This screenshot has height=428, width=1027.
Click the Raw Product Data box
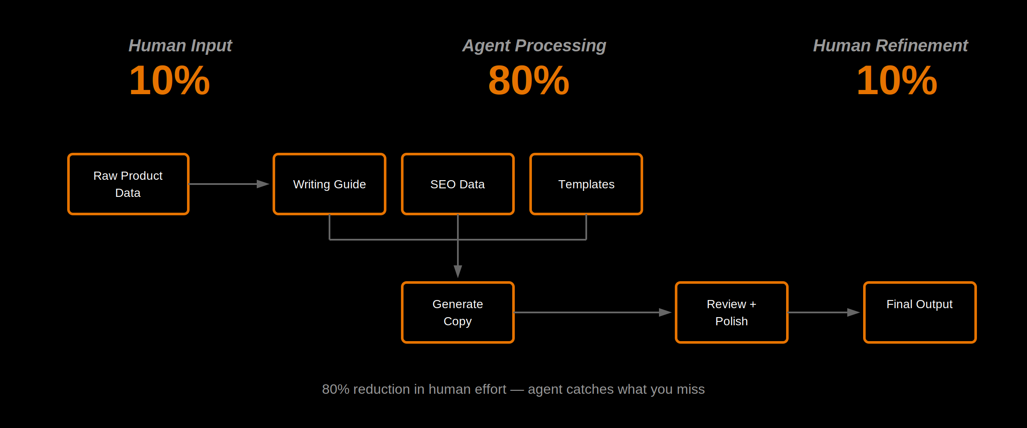128,184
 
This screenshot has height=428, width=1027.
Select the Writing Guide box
329,184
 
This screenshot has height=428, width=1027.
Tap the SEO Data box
457,184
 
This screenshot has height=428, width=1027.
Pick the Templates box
586,184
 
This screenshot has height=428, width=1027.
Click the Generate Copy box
457,312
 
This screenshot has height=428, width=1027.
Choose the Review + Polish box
731,312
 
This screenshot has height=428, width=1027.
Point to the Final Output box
920,312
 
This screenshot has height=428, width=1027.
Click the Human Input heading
180,46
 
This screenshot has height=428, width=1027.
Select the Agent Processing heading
534,46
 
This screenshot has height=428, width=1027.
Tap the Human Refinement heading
890,46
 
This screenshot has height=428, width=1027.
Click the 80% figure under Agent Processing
528,80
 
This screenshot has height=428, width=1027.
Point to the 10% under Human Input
169,80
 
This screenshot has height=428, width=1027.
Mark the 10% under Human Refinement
897,80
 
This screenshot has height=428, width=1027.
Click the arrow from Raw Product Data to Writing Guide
229,184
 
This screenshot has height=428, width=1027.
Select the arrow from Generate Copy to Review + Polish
593,312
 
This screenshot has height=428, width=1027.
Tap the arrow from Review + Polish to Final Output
824,312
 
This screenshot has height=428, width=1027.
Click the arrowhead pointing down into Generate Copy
458,271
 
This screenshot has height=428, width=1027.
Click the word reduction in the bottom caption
381,389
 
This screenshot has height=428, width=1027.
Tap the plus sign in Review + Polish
753,304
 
